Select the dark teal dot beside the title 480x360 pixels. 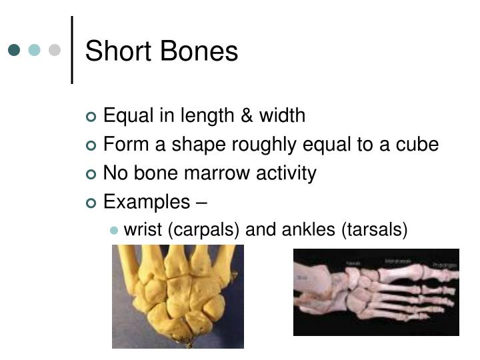click(x=15, y=50)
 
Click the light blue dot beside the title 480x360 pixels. click(x=35, y=50)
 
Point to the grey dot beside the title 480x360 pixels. click(x=55, y=50)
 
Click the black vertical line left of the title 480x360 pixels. click(x=71, y=50)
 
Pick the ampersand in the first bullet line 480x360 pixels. click(x=248, y=116)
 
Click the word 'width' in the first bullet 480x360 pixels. click(x=283, y=116)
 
